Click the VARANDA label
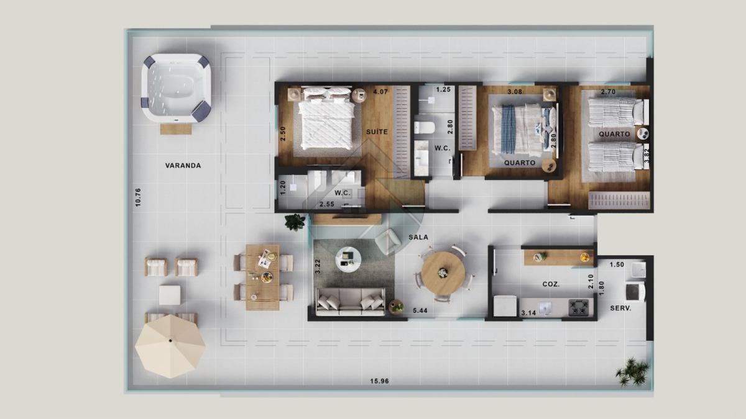183,165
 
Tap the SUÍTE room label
377,132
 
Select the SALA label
418,237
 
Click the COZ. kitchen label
551,284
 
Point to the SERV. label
621,309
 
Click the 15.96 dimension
379,381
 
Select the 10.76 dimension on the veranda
138,197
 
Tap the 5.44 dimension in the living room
420,310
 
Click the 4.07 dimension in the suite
380,91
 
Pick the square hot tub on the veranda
176,88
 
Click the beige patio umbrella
170,346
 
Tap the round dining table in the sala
443,273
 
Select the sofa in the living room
351,302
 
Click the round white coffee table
348,259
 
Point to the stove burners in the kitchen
579,307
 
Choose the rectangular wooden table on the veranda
263,277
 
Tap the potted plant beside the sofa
396,306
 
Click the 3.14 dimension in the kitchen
528,313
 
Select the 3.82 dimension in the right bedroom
647,156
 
